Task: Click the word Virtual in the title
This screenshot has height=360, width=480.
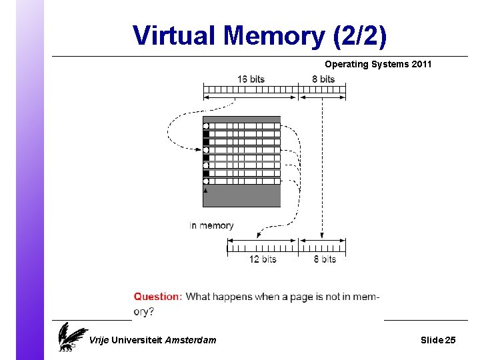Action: pos(175,35)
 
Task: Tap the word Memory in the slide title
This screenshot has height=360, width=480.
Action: pos(272,35)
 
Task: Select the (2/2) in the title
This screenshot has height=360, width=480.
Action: pos(358,35)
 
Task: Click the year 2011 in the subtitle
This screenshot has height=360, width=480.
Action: pos(421,65)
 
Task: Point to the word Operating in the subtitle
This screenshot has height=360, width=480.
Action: pos(346,65)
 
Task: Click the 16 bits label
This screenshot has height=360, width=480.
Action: pos(251,79)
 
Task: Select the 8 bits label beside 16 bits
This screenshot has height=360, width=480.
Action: pos(323,79)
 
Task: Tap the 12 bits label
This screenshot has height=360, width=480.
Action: pos(263,259)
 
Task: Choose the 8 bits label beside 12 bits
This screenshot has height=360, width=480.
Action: pos(325,259)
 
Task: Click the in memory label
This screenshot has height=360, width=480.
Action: pos(211,225)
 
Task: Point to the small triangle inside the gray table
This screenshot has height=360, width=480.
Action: pos(206,190)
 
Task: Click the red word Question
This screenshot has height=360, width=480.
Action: pos(157,297)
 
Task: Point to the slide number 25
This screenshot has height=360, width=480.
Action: pos(450,341)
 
